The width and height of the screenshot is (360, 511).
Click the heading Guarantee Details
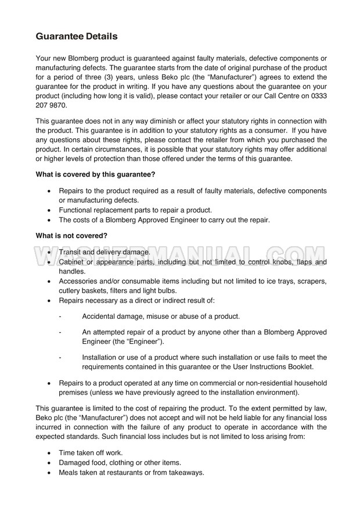[77, 36]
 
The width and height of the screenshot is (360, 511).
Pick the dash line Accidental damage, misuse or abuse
[161, 316]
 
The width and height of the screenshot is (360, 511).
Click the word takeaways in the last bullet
[185, 473]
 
